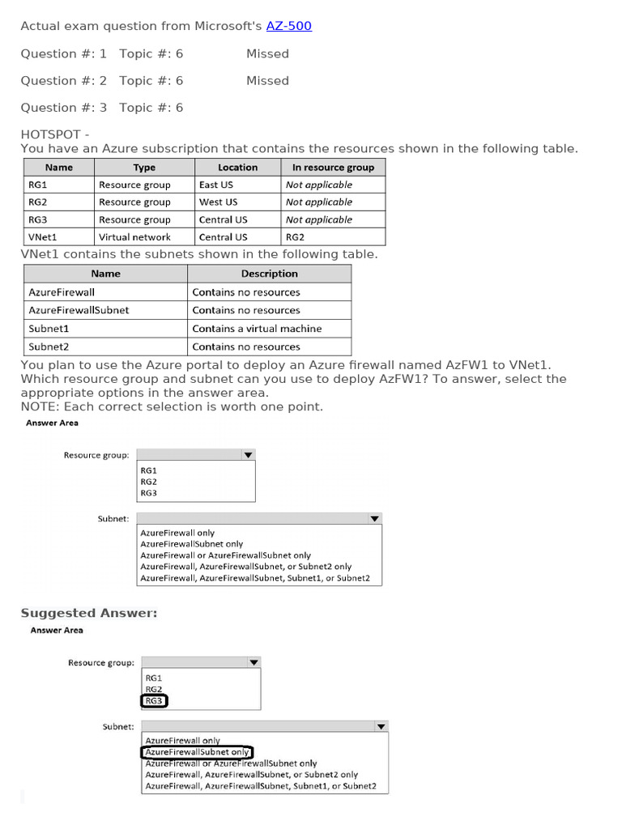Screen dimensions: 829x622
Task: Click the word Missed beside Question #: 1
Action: click(267, 53)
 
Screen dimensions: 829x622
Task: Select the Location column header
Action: click(237, 168)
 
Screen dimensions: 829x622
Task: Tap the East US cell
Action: click(215, 185)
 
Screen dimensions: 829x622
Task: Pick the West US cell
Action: click(218, 202)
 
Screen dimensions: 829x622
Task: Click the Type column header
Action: click(144, 168)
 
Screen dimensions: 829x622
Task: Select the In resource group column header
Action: click(333, 168)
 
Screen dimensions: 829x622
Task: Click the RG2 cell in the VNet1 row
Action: click(295, 237)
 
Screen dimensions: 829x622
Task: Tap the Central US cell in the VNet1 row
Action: click(223, 237)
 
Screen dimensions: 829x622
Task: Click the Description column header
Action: click(269, 274)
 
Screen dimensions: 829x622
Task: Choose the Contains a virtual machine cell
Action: click(257, 329)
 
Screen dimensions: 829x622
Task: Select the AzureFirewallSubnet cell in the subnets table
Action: click(79, 310)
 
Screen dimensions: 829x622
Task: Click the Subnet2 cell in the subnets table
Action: click(49, 346)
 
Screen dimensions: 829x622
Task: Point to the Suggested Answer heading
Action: click(89, 613)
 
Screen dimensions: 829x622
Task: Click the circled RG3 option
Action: click(154, 700)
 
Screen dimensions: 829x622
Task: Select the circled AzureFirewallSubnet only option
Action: click(197, 752)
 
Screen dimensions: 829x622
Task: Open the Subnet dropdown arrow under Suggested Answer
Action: click(381, 727)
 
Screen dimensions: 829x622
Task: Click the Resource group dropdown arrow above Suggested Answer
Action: click(249, 455)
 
